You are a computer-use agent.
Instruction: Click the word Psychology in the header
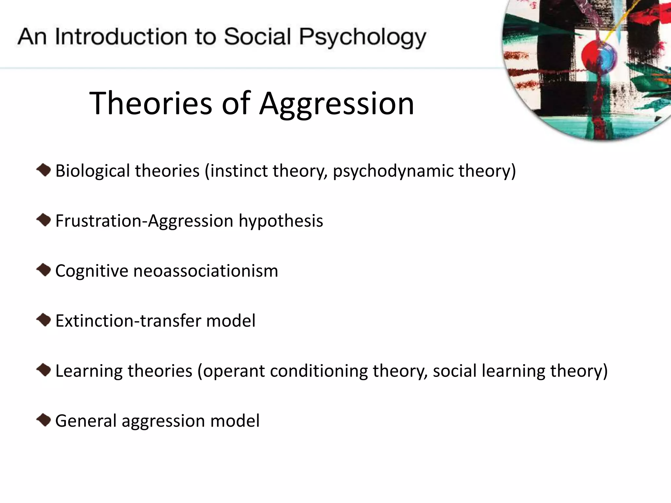click(362, 37)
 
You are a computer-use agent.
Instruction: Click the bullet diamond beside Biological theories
click(44, 170)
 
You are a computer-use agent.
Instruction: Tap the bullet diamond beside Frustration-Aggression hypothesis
click(44, 220)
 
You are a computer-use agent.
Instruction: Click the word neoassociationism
click(206, 271)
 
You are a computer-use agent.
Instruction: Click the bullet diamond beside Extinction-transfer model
click(44, 320)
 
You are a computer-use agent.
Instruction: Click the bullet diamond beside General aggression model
click(44, 420)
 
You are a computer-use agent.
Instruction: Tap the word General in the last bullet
click(86, 421)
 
